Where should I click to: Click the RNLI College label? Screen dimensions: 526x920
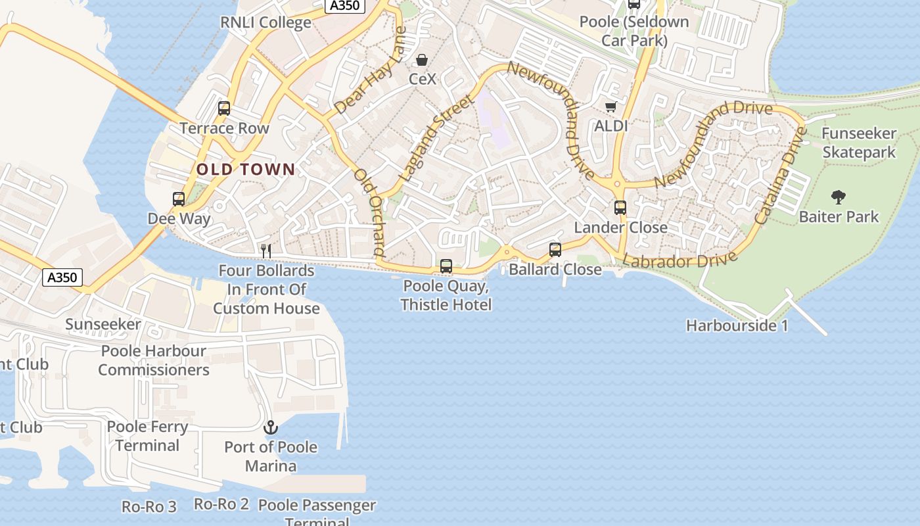tap(265, 22)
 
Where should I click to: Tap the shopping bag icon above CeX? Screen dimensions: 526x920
tap(422, 60)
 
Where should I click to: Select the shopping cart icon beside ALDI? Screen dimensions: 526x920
tap(610, 107)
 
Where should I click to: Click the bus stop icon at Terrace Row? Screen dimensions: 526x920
tap(224, 108)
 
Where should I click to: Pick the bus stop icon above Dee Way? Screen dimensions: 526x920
tap(179, 199)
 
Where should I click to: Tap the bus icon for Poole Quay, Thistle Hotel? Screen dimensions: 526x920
tap(446, 266)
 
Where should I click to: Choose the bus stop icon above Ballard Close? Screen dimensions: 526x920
tap(555, 250)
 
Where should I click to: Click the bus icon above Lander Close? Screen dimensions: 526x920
tap(620, 208)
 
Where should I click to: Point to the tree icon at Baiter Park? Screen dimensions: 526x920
tap(838, 196)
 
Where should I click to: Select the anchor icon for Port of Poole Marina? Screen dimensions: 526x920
tap(271, 428)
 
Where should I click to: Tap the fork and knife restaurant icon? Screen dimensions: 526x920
tap(266, 251)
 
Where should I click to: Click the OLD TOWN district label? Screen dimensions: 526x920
tap(246, 170)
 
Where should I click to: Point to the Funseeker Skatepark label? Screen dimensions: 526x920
tap(859, 143)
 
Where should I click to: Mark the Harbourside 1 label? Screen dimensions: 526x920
tap(737, 325)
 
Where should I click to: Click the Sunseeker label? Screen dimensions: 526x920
tap(103, 324)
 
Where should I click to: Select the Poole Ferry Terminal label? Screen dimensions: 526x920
tap(147, 436)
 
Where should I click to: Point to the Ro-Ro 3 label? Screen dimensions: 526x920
tap(149, 507)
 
